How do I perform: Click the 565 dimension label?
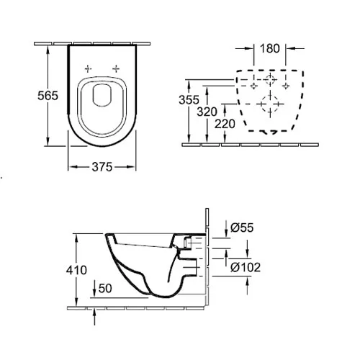[x=48, y=96]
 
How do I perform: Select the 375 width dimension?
[x=102, y=167]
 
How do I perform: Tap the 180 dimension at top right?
[x=270, y=48]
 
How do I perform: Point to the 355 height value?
[x=189, y=99]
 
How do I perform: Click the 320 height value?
[x=207, y=112]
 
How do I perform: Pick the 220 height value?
[x=225, y=124]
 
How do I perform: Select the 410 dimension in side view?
[x=76, y=270]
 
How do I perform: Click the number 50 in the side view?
[x=105, y=288]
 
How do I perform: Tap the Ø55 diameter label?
[x=242, y=228]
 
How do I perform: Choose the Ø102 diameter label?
[x=246, y=267]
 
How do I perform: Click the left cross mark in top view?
[x=88, y=69]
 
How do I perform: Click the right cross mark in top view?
[x=116, y=69]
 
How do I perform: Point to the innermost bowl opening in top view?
[x=102, y=95]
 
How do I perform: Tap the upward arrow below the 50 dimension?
[x=94, y=317]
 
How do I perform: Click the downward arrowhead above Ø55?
[x=226, y=233]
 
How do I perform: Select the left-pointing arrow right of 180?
[x=296, y=48]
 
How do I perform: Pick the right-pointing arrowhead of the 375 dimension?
[x=131, y=167]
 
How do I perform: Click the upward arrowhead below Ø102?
[x=248, y=281]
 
